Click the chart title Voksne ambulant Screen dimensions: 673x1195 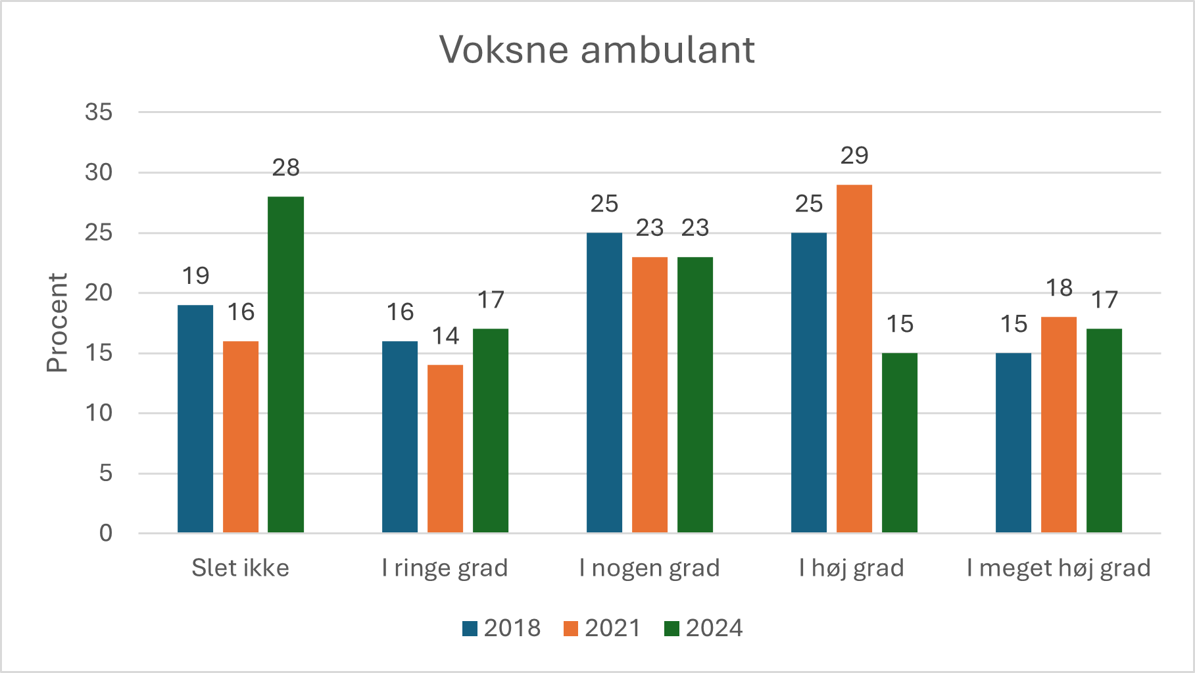[x=597, y=50]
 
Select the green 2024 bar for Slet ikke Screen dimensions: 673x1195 [x=285, y=365]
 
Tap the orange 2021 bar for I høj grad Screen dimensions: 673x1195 [x=854, y=358]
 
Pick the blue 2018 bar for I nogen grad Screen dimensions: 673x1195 [x=604, y=383]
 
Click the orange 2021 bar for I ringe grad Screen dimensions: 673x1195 [x=445, y=448]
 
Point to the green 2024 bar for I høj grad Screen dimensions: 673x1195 [x=899, y=442]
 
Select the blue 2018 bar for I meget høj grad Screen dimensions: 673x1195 [x=1013, y=442]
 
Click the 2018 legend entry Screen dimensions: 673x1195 [x=502, y=628]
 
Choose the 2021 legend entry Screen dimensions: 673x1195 [x=602, y=628]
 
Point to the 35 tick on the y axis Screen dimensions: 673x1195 [x=99, y=112]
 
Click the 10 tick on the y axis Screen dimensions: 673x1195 [x=99, y=413]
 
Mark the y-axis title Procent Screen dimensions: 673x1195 [x=58, y=323]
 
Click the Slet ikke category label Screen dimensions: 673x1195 [x=240, y=568]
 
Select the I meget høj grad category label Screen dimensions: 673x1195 [x=1058, y=568]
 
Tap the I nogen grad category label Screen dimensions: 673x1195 [x=649, y=568]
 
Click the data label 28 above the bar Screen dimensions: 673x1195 [x=285, y=168]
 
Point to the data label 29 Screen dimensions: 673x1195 [x=854, y=156]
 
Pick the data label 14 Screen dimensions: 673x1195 [x=445, y=336]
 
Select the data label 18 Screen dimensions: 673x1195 [x=1058, y=288]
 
